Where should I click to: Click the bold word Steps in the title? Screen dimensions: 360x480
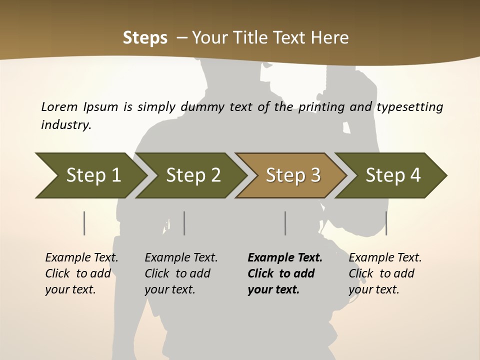click(x=145, y=38)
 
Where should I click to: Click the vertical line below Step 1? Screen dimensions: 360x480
click(x=84, y=223)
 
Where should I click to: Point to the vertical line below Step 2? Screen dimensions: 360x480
click(x=184, y=223)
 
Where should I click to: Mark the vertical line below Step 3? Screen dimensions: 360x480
click(x=285, y=223)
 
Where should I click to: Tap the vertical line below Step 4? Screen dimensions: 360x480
click(x=386, y=223)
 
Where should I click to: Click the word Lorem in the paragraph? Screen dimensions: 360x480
click(x=59, y=106)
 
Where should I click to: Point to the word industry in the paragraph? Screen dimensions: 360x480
click(x=66, y=124)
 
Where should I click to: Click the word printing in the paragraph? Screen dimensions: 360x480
click(x=321, y=107)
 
